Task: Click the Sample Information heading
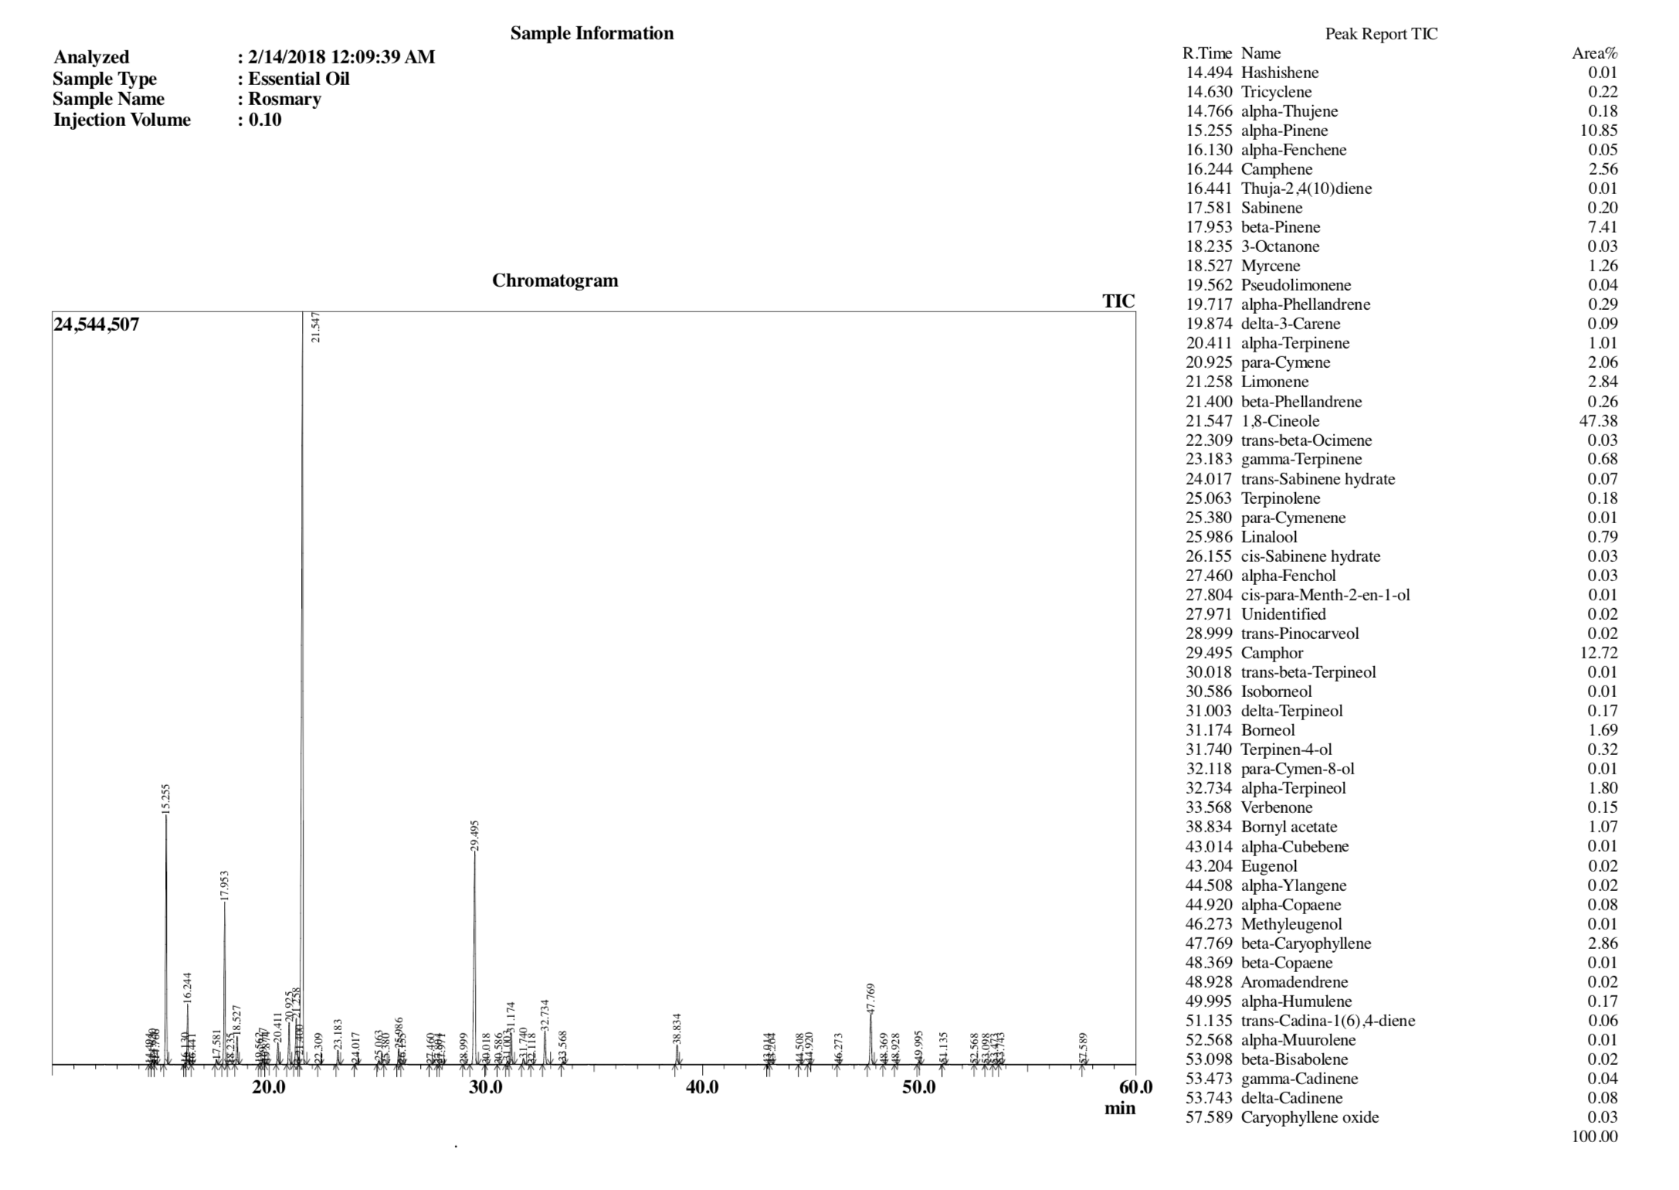pos(592,33)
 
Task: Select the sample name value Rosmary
pos(284,99)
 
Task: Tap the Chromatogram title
pos(555,280)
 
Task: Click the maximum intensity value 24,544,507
pos(97,325)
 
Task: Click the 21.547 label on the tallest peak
pos(314,327)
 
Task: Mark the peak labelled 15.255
pos(166,819)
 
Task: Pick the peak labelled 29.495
pos(474,854)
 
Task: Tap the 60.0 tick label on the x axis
pos(1135,1088)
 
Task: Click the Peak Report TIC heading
pos(1381,34)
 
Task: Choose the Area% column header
pos(1594,53)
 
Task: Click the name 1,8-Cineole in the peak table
pos(1280,421)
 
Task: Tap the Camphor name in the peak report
pos(1271,653)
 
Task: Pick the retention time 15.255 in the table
pos(1209,131)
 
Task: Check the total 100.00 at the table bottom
pos(1594,1137)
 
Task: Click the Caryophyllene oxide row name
pos(1309,1117)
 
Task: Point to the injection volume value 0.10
pos(265,120)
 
